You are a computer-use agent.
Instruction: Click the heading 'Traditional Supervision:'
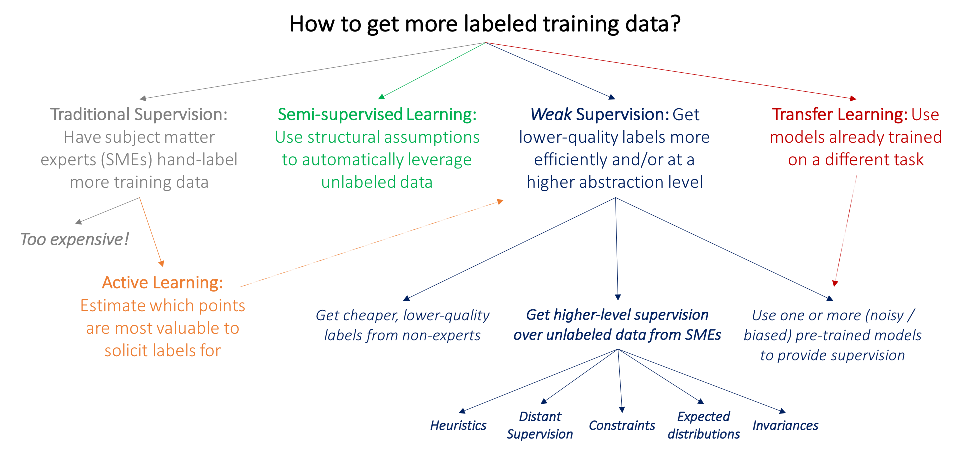(x=139, y=115)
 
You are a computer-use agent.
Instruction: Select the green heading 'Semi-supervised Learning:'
(x=377, y=115)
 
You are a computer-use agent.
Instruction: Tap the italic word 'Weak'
(x=551, y=115)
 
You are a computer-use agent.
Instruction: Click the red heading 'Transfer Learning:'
(x=839, y=115)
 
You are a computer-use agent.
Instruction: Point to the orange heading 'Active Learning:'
(x=162, y=283)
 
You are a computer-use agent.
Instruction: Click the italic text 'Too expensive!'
(x=74, y=240)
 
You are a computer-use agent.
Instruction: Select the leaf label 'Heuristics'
(x=458, y=426)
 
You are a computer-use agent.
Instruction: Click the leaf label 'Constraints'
(x=622, y=426)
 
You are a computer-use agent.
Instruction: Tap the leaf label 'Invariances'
(x=785, y=426)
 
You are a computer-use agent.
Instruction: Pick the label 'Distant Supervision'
(x=540, y=425)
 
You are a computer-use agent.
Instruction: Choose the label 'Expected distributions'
(x=704, y=425)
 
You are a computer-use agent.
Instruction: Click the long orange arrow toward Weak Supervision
(x=370, y=244)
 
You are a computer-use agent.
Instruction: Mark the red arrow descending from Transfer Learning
(x=846, y=230)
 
